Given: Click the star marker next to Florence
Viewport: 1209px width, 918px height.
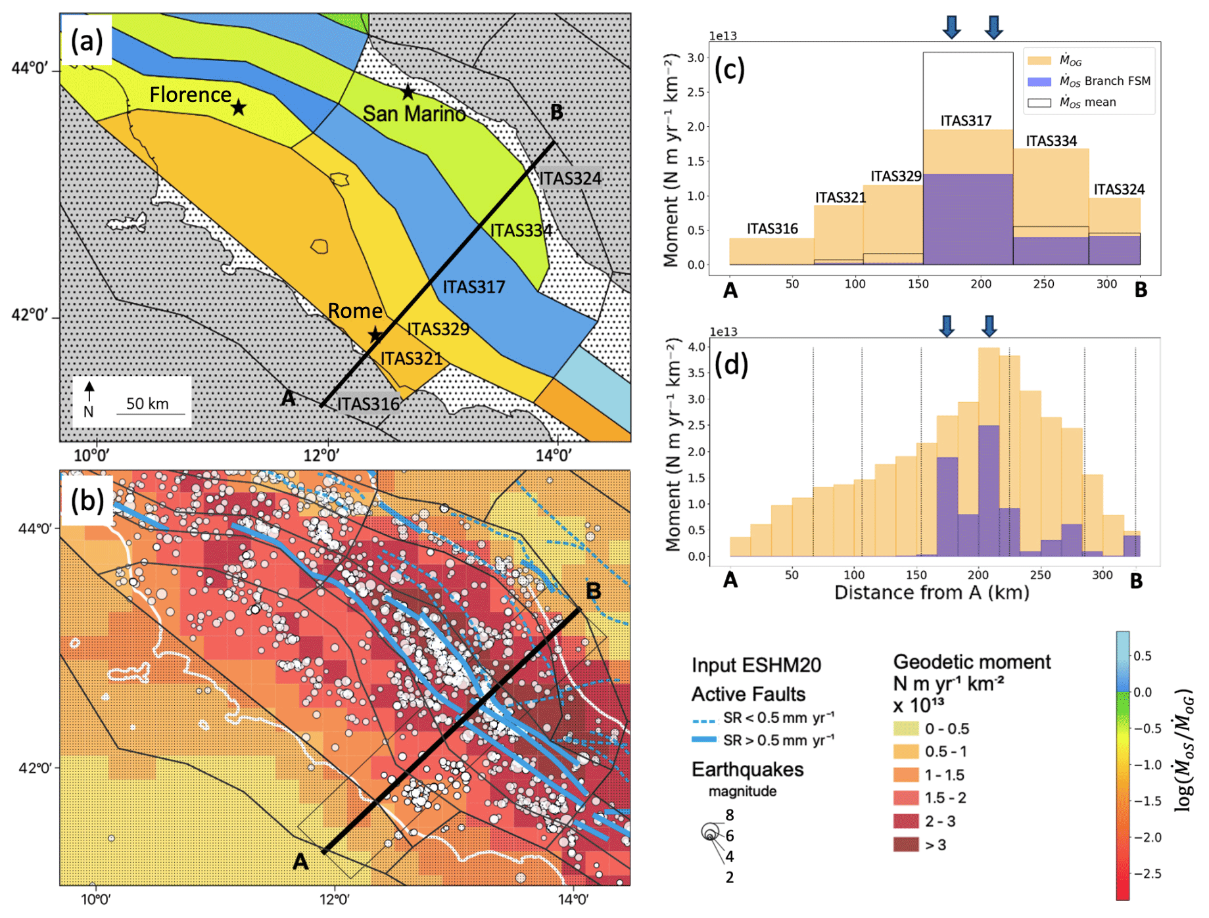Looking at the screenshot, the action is click(x=239, y=107).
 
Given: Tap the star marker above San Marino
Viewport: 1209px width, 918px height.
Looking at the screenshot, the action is click(x=408, y=92).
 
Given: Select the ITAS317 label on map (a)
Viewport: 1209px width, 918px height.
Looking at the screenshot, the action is click(x=473, y=287).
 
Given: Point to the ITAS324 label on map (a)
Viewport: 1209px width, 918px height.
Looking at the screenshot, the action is click(x=571, y=179).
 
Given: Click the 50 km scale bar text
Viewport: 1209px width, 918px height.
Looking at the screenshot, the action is click(x=147, y=403).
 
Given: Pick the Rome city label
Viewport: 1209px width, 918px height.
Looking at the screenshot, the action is click(x=355, y=311).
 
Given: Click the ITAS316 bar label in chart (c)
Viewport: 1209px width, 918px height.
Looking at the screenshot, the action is click(x=772, y=229).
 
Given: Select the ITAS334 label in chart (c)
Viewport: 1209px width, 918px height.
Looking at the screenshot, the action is click(x=1051, y=141).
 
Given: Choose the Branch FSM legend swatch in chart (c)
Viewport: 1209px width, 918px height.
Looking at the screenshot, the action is click(x=1039, y=81).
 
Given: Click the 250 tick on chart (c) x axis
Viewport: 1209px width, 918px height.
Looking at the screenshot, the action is click(x=1043, y=284).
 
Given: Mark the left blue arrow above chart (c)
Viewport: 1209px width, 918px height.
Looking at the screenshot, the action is click(x=951, y=26).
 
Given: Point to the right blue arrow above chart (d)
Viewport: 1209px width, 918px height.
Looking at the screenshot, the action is click(x=989, y=325).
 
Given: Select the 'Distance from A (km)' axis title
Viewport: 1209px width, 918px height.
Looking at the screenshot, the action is click(x=932, y=593).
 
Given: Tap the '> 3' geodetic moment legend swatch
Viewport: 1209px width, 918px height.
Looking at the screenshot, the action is click(x=905, y=844).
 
